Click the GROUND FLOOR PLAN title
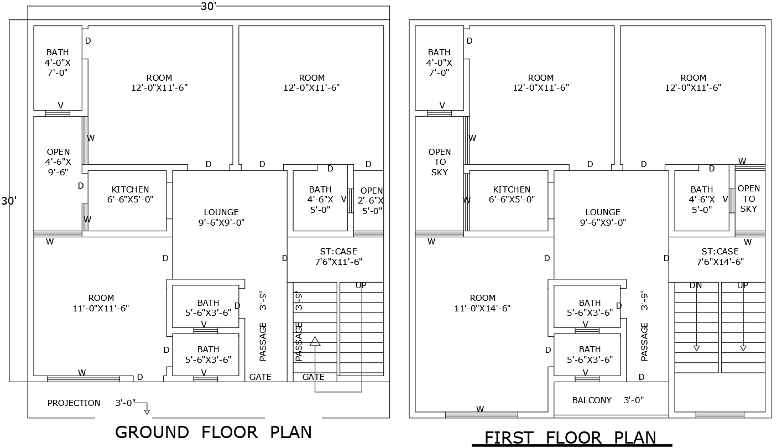pos(213,432)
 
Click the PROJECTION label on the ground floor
pos(74,403)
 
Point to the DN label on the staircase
pos(696,285)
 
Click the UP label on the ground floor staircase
pos(361,285)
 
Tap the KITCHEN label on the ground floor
pos(130,194)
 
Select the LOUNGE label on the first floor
pos(603,217)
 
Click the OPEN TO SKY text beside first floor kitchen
pos(439,162)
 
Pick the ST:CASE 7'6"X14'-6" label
pos(719,257)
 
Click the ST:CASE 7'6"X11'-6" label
pos(338,257)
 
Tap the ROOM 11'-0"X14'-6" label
pos(482,303)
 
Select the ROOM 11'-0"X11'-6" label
pos(101,303)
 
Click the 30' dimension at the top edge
pos(208,7)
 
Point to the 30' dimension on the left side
pos(9,201)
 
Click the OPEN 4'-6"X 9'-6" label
pos(58,162)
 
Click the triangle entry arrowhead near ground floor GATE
pos(315,341)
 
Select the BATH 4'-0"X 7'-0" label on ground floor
pos(58,62)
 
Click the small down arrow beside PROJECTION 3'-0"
pos(147,411)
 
